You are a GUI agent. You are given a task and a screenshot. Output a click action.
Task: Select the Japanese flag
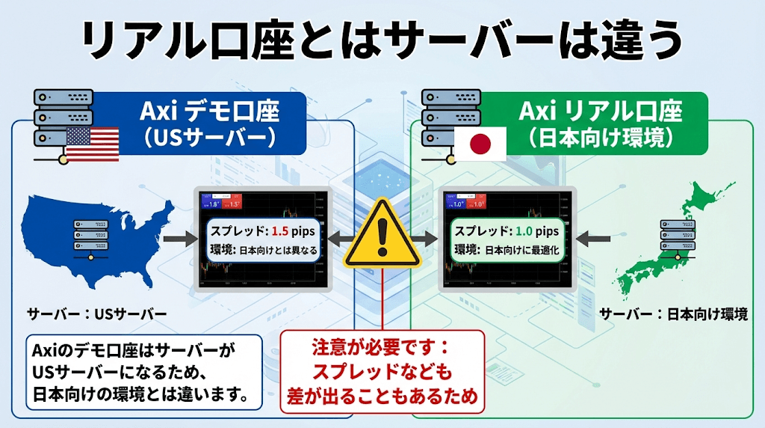(481, 143)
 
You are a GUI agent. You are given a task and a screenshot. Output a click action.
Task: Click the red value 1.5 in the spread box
(279, 231)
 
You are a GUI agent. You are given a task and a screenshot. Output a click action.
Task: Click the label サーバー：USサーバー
(96, 313)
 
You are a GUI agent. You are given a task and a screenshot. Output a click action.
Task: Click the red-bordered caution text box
(382, 372)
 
